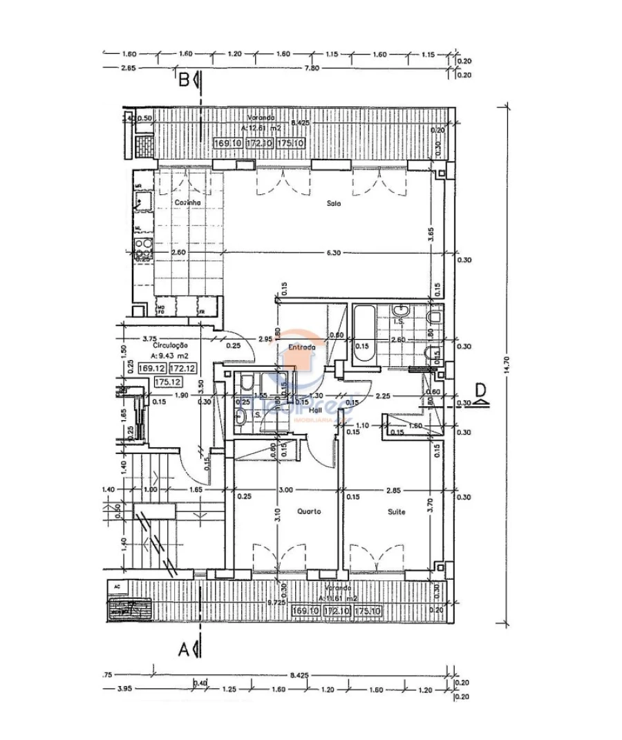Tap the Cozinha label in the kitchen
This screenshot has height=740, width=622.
(x=187, y=202)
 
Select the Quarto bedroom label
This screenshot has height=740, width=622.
(x=308, y=512)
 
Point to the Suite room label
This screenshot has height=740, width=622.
(x=396, y=512)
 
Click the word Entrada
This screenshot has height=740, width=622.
(x=302, y=348)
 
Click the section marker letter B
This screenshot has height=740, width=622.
(x=185, y=80)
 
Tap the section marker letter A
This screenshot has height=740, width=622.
(x=185, y=649)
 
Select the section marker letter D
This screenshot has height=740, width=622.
(x=481, y=388)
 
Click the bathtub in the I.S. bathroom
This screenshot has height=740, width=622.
(x=363, y=334)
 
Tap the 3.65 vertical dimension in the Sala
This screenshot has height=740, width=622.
(x=431, y=234)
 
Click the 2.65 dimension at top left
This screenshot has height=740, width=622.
(x=127, y=68)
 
